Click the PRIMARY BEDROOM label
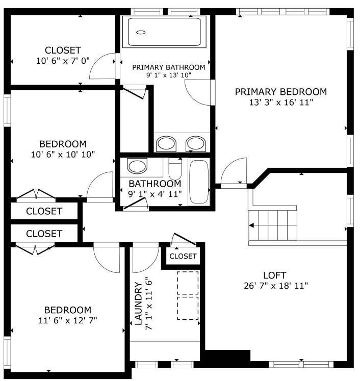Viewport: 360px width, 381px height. point(280,92)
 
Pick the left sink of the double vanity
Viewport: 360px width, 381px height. point(165,144)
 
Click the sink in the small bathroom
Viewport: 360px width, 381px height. point(137,166)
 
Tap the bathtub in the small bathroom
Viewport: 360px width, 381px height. point(199,182)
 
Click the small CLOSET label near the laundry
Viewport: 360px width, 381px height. point(183,256)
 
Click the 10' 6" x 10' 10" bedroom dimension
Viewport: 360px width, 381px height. point(63,154)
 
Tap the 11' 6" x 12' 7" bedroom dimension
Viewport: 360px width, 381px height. point(67,320)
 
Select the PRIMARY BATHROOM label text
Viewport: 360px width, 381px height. point(168,67)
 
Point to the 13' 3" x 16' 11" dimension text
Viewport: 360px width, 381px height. point(280,102)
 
